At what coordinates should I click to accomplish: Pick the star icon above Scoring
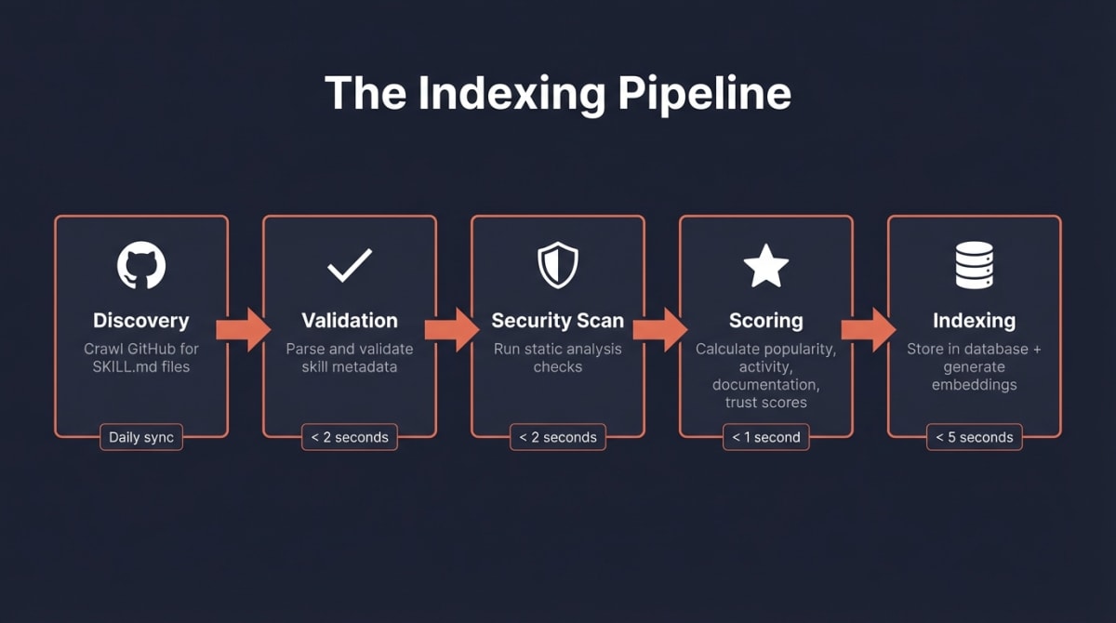coord(766,266)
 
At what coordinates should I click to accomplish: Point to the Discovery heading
coord(141,321)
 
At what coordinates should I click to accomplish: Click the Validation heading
coord(350,321)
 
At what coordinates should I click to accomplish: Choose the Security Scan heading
coord(558,321)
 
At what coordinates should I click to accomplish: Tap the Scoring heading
coord(766,321)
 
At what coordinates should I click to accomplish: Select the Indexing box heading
coord(975,321)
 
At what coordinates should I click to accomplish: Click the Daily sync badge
coord(141,437)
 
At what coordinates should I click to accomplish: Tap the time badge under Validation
coord(350,437)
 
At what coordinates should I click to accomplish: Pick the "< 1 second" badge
coord(766,437)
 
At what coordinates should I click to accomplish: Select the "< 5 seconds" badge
coord(975,437)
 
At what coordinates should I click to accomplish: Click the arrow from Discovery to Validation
coord(243,330)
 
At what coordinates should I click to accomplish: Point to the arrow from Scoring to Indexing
coord(868,330)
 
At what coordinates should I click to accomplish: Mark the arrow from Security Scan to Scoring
coord(659,330)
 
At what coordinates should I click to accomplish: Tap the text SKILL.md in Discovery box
coord(119,366)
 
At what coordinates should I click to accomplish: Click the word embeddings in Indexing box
coord(975,385)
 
